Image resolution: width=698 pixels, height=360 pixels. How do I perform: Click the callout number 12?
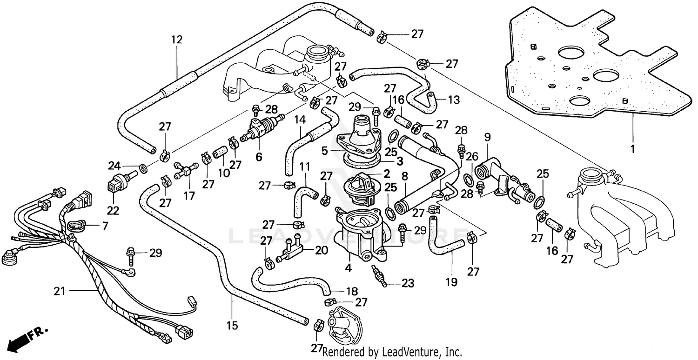[x=177, y=40]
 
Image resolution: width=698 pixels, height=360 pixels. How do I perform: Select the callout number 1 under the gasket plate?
[x=632, y=149]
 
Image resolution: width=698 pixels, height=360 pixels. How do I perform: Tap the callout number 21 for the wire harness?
[x=59, y=292]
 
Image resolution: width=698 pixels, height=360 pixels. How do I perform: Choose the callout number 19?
[x=451, y=282]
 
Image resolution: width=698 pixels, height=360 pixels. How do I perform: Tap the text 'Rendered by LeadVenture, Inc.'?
[x=392, y=352]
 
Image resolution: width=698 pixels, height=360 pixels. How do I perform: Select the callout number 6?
[x=258, y=157]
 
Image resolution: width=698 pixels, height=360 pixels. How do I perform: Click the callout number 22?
[x=113, y=211]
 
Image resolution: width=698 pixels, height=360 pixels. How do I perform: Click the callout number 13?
[x=453, y=99]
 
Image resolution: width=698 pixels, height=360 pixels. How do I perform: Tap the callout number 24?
[x=114, y=165]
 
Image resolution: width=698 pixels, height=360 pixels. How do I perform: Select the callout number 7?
[x=105, y=227]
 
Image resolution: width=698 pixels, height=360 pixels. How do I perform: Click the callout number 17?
[x=188, y=196]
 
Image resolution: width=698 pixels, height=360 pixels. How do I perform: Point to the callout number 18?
[x=352, y=292]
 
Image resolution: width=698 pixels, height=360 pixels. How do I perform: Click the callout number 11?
[x=304, y=166]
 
